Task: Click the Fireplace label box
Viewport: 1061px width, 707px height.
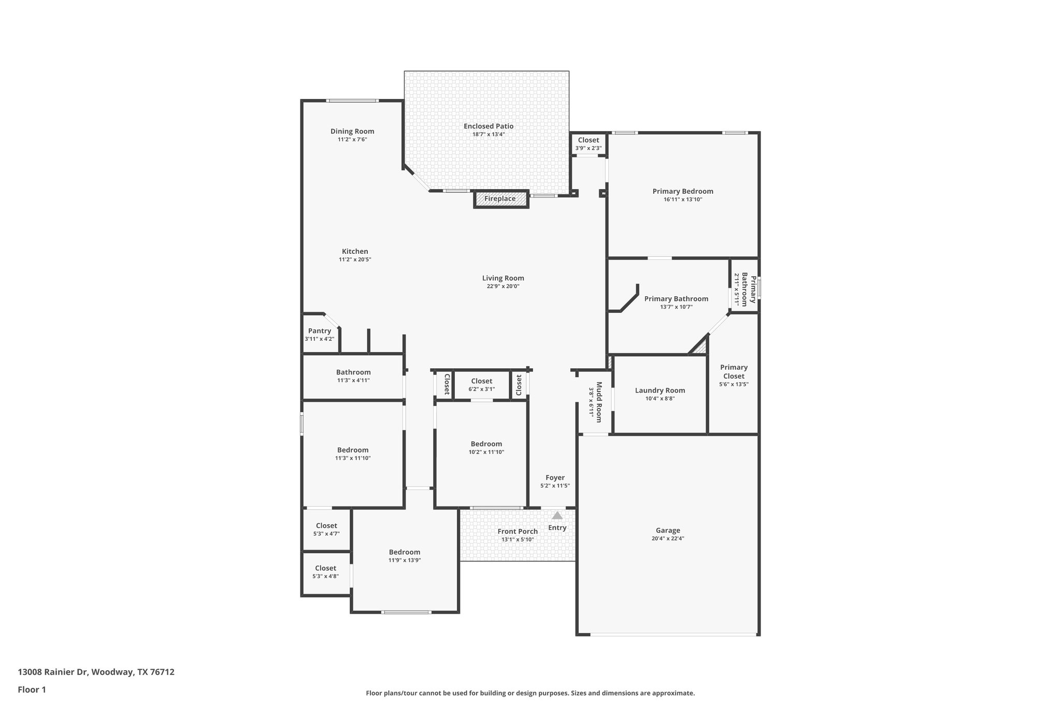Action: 500,199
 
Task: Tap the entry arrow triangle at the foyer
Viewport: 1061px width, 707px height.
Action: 557,515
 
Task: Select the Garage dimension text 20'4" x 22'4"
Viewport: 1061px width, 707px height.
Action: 668,539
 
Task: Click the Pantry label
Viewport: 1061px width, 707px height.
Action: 319,331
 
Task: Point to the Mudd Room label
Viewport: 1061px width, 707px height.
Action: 599,395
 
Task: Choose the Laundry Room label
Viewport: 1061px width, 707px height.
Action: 660,391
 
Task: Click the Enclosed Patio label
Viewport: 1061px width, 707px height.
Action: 489,126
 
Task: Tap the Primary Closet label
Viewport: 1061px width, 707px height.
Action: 734,371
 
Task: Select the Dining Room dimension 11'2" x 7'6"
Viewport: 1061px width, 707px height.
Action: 352,139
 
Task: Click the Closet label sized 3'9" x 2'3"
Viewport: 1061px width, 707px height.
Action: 588,140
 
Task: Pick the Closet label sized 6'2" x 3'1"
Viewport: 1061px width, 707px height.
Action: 481,381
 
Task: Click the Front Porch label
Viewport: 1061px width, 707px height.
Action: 517,531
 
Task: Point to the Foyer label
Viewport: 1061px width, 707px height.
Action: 555,478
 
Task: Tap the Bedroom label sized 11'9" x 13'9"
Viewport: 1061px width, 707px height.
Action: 405,552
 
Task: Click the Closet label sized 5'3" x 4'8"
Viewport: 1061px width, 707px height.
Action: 325,568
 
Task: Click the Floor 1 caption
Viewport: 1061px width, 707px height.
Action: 32,689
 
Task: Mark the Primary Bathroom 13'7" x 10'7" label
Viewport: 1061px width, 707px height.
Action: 676,299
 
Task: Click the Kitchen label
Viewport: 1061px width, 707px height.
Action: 355,252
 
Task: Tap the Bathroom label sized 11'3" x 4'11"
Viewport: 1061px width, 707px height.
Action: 353,372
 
